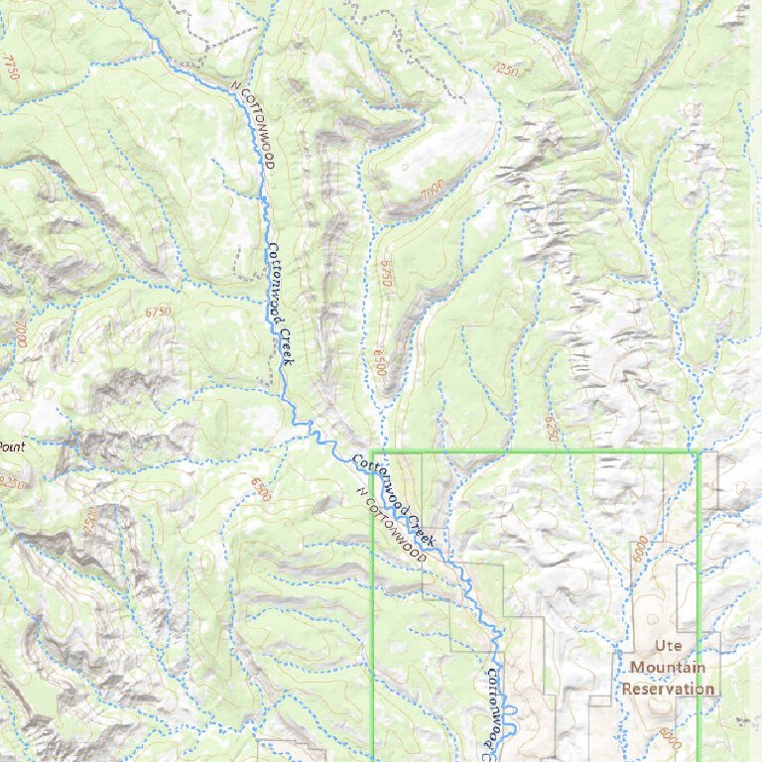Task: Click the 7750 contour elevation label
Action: (11, 68)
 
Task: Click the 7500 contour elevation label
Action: (93, 519)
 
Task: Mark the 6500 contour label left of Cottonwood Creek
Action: (261, 488)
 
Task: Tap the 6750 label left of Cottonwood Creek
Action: (158, 313)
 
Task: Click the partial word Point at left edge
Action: (11, 446)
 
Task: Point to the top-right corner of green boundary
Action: (698, 452)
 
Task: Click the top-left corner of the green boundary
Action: (373, 452)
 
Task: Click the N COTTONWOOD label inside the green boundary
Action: (391, 526)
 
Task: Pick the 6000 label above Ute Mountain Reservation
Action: (639, 545)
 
